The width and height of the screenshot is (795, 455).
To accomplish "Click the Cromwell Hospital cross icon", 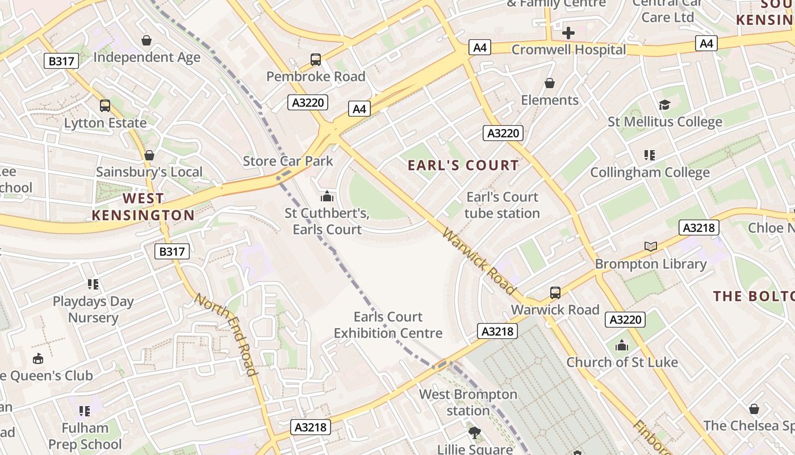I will point(568,33).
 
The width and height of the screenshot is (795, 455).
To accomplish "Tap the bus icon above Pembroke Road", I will point(316,59).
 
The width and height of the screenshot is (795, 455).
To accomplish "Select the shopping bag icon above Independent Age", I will point(147,40).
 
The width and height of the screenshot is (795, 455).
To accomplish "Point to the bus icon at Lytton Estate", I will point(105,105).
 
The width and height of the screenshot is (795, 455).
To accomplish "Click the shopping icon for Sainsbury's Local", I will point(149,155).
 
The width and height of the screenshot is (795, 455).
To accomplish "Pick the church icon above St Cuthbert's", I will point(327,197).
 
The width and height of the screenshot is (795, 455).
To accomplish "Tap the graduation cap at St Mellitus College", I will point(664,105).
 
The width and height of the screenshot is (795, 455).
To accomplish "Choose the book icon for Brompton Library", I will point(651,246).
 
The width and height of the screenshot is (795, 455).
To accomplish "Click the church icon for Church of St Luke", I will point(622,345).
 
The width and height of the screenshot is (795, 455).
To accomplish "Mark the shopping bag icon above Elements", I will point(549,84).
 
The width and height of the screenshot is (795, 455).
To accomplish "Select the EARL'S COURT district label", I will point(463,166).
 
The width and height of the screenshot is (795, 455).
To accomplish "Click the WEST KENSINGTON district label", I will point(143,206).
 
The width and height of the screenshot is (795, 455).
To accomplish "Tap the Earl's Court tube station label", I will point(502,205).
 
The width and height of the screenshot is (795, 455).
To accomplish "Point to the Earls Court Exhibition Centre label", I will point(388,325).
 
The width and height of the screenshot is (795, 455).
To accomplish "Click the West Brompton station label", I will point(468,402).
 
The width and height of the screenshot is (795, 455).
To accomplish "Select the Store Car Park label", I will point(288,161).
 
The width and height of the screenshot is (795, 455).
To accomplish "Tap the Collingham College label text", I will point(650,172).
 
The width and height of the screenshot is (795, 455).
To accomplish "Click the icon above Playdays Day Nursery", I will point(93,284).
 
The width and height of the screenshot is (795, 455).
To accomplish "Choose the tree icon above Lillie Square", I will point(474,433).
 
